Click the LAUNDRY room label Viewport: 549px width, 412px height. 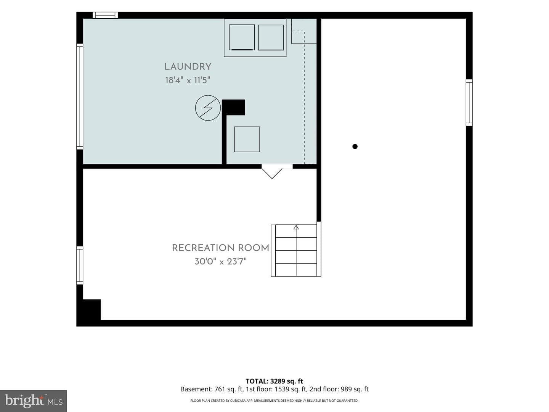(x=188, y=67)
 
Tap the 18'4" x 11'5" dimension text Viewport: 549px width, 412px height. (x=188, y=80)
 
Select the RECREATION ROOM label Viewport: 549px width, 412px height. (x=221, y=248)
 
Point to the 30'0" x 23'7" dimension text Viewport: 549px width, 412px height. (x=221, y=262)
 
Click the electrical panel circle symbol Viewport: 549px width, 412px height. (x=208, y=108)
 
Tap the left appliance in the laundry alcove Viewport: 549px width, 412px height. (x=242, y=37)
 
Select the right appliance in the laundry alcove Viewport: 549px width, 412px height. (x=271, y=37)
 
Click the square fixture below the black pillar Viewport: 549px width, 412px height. (x=247, y=139)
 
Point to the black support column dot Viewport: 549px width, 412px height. (x=355, y=146)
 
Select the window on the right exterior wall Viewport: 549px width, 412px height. (x=469, y=103)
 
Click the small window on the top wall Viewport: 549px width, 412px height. (x=105, y=15)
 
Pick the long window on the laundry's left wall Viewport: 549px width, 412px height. (x=80, y=97)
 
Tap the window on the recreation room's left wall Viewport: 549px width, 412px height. (x=80, y=266)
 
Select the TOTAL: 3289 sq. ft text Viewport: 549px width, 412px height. (x=274, y=381)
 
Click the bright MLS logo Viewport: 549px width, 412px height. (x=34, y=401)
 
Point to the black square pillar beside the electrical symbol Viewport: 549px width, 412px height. (x=233, y=108)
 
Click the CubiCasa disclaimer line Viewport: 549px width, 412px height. (x=274, y=401)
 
